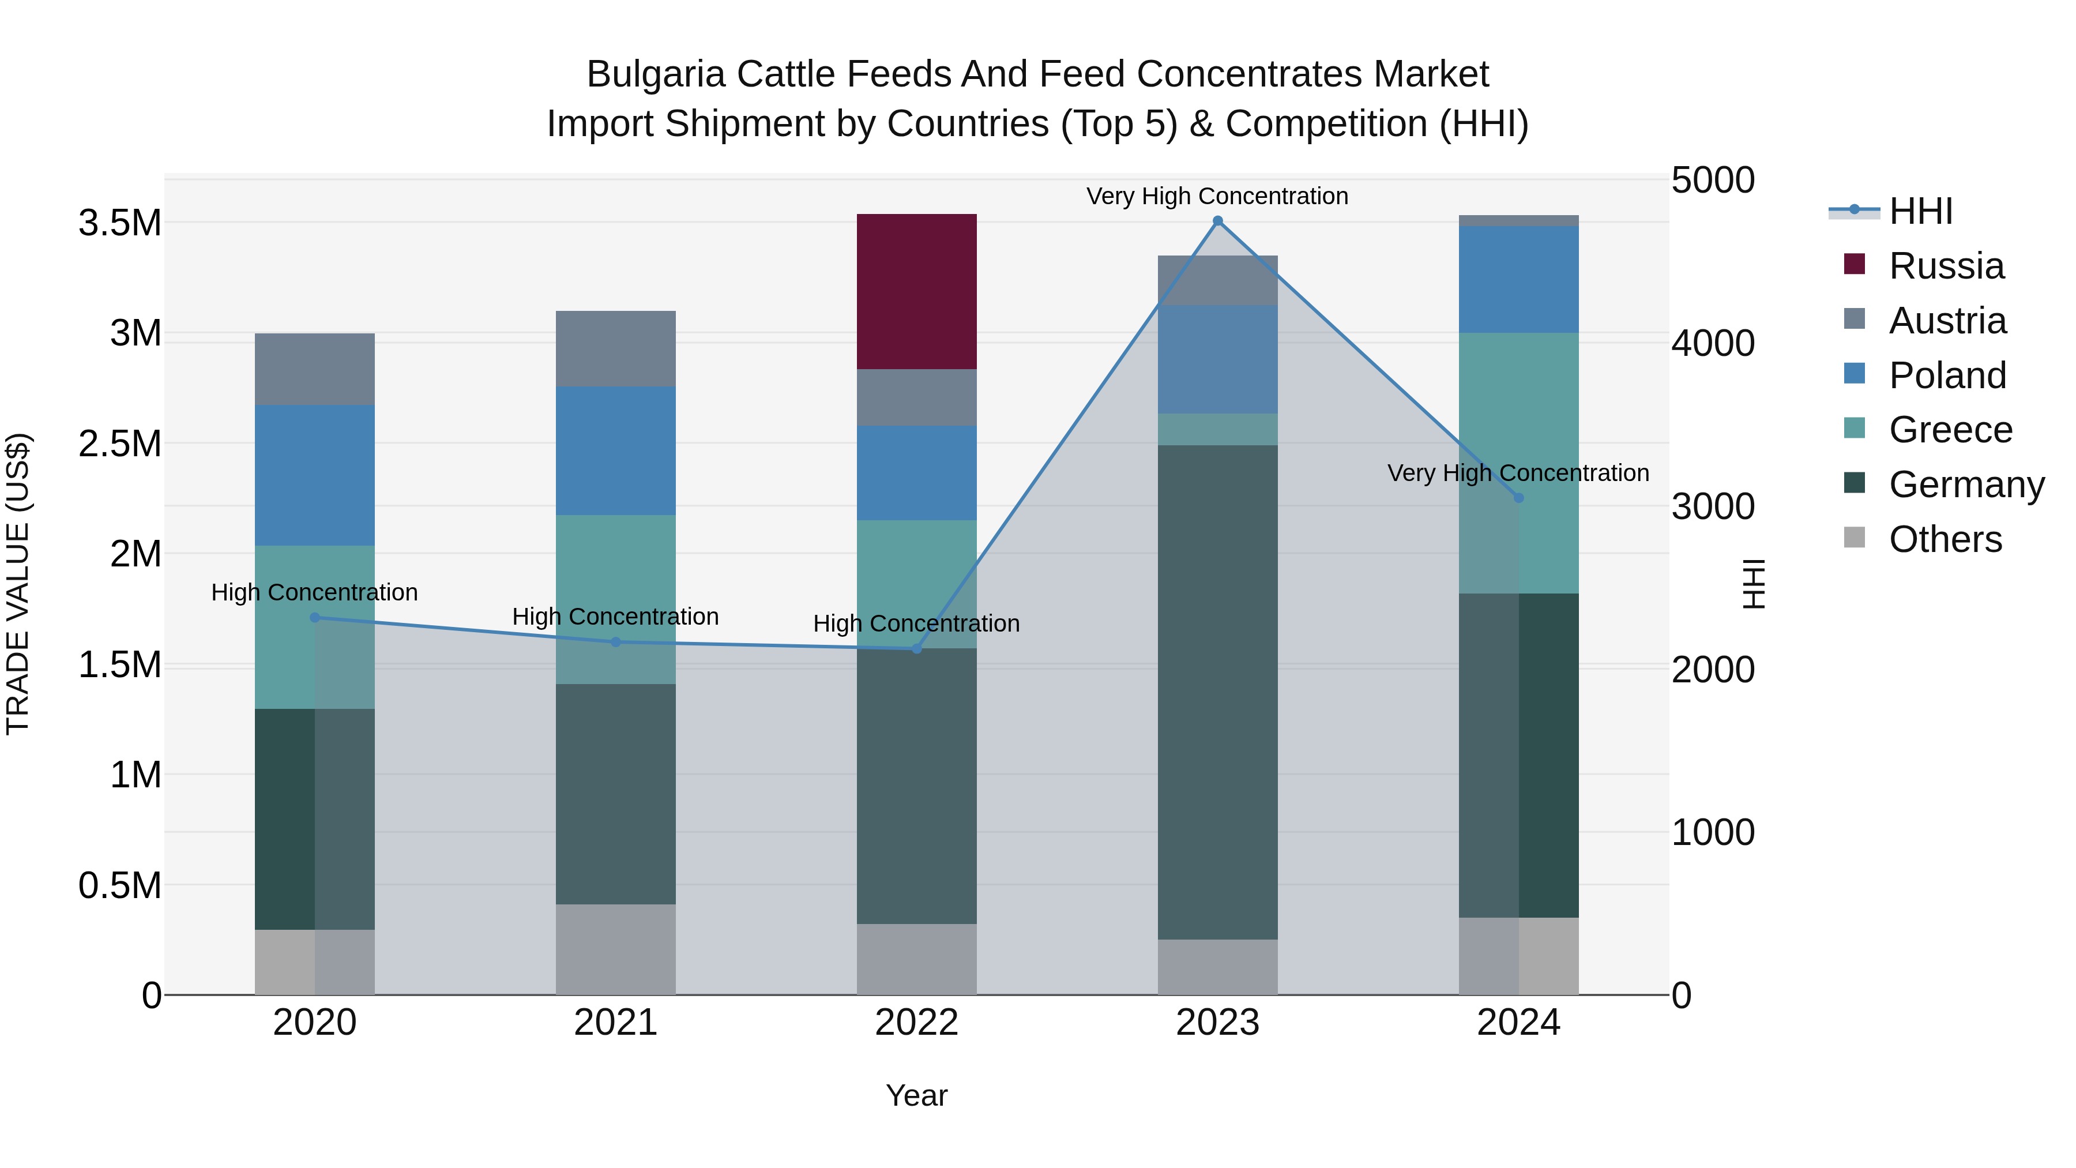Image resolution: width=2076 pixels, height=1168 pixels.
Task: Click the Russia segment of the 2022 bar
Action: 916,292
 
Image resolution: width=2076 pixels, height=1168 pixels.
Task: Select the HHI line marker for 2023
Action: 1218,221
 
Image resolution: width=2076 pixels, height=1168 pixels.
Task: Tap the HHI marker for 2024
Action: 1518,498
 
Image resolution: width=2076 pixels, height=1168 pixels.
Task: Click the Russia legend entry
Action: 1946,266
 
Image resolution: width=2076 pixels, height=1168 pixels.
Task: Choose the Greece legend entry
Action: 1950,430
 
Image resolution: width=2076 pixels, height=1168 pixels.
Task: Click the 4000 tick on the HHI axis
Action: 1713,343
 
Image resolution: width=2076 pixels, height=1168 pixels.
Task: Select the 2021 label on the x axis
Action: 616,1023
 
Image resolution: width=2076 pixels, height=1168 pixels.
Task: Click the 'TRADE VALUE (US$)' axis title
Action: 18,584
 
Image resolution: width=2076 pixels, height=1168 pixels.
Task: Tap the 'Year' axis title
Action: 916,1095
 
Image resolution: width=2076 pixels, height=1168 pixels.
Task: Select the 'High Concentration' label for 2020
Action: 314,592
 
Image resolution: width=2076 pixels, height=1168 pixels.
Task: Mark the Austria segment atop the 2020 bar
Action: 314,369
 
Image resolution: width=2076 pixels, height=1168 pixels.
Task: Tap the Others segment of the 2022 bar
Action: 916,959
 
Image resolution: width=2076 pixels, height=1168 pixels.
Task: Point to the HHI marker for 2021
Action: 616,643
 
